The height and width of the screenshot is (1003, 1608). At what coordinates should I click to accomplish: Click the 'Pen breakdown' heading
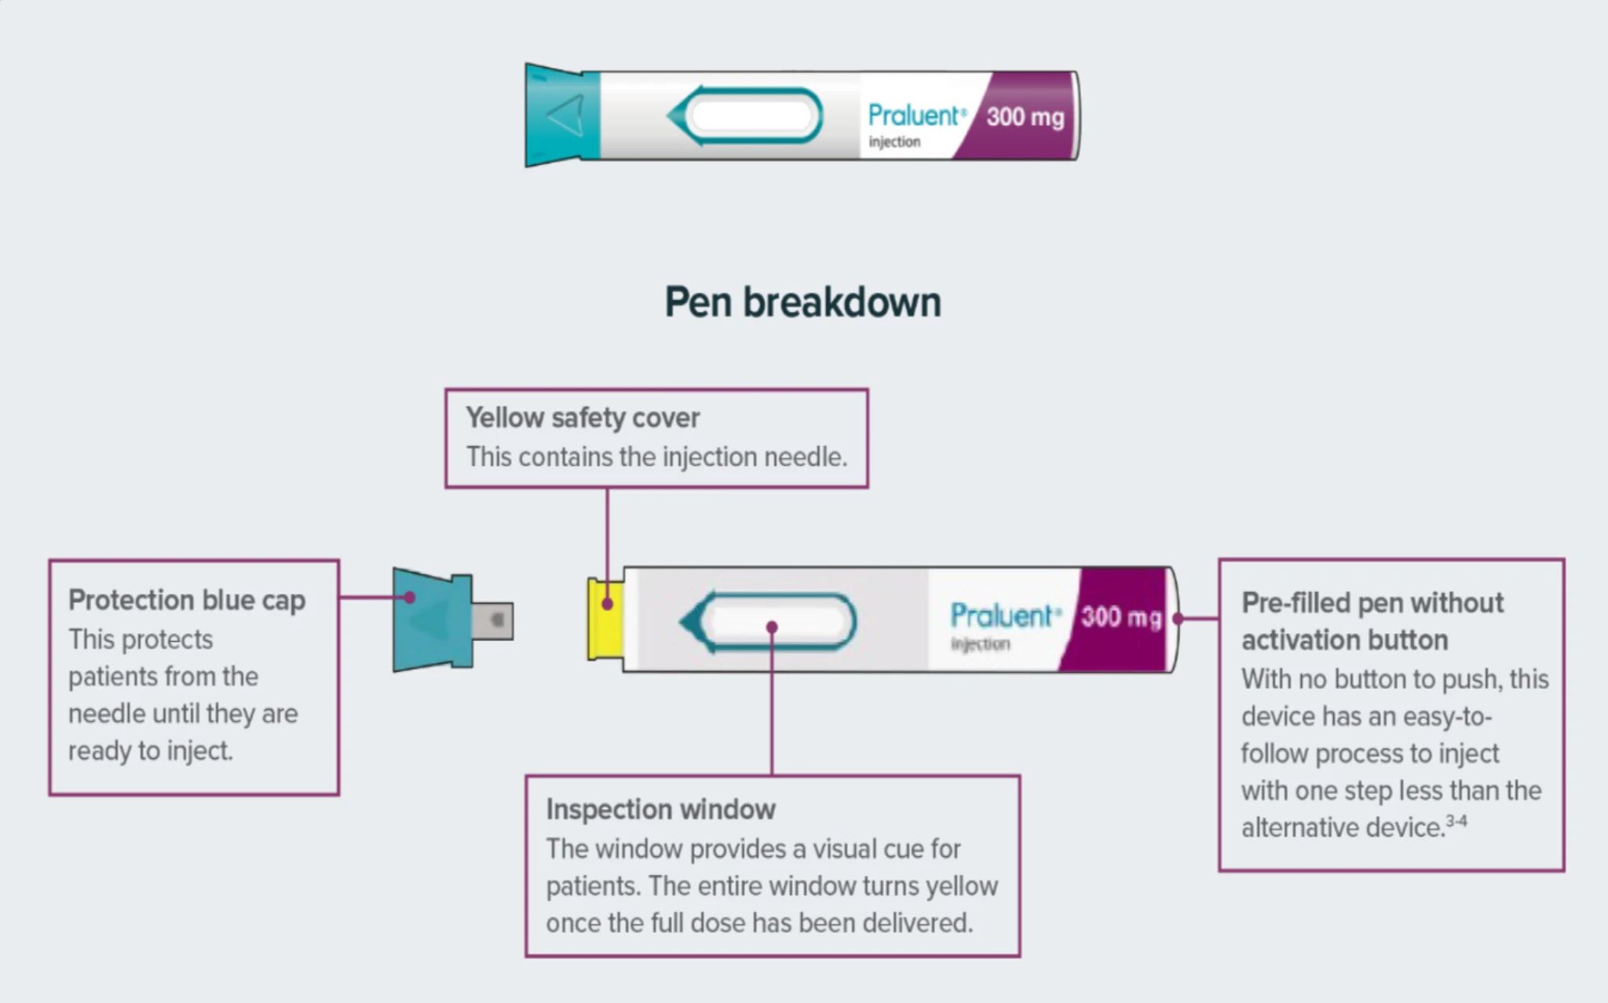pyautogui.click(x=802, y=302)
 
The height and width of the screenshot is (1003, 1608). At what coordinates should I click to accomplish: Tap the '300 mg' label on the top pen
pyautogui.click(x=1025, y=117)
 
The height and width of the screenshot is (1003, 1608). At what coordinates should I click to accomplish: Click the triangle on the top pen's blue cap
pyautogui.click(x=565, y=116)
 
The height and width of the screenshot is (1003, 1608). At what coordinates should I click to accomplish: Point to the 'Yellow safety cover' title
pyautogui.click(x=582, y=418)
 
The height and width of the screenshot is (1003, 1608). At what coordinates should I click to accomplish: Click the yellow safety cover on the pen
pyautogui.click(x=605, y=619)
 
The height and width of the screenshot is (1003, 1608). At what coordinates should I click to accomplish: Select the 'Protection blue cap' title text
pyautogui.click(x=187, y=600)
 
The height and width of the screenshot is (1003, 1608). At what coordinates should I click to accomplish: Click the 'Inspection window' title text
pyautogui.click(x=660, y=809)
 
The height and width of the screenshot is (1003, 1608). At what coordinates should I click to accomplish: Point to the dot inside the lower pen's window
pyautogui.click(x=772, y=627)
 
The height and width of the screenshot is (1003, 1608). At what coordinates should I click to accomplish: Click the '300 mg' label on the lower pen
pyautogui.click(x=1120, y=617)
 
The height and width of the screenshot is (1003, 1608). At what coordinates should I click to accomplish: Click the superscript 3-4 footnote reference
pyautogui.click(x=1456, y=821)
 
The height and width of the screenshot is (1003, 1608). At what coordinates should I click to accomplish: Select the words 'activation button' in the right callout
pyautogui.click(x=1344, y=640)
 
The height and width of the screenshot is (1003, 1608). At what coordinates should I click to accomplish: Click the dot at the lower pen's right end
pyautogui.click(x=1178, y=619)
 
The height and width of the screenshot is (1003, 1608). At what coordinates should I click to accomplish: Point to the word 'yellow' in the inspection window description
pyautogui.click(x=962, y=886)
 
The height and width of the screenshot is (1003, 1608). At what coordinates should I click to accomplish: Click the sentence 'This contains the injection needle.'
pyautogui.click(x=656, y=457)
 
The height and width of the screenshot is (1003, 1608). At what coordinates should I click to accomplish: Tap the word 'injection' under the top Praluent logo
pyautogui.click(x=894, y=142)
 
